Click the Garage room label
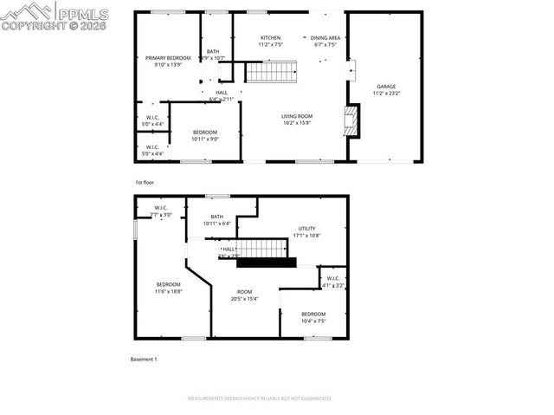(385, 86)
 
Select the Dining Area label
(325, 38)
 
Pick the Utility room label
(307, 228)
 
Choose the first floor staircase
(271, 72)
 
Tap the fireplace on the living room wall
(350, 120)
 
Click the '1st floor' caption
(144, 183)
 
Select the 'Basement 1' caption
(144, 359)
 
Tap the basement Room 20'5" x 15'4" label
(244, 292)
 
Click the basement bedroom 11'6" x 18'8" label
(168, 284)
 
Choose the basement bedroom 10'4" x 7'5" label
(313, 314)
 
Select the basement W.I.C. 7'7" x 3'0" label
(161, 208)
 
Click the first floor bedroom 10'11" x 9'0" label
(205, 132)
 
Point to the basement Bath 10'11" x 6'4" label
(216, 217)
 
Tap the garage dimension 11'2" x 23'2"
(385, 92)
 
